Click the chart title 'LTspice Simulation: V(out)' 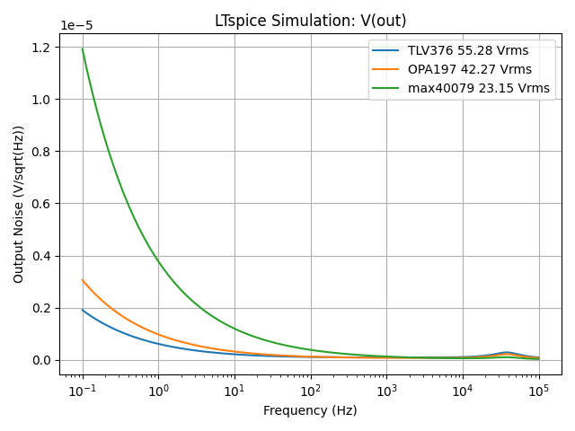(x=310, y=21)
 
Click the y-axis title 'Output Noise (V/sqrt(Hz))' (x=19, y=204)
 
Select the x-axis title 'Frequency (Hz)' (x=310, y=410)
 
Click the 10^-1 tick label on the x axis (x=82, y=391)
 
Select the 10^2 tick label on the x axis (x=311, y=391)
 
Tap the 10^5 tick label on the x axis (x=539, y=391)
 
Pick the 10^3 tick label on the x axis (x=387, y=391)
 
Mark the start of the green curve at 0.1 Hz (x=83, y=48)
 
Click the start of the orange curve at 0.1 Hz (x=83, y=280)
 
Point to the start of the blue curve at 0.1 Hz (x=83, y=310)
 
